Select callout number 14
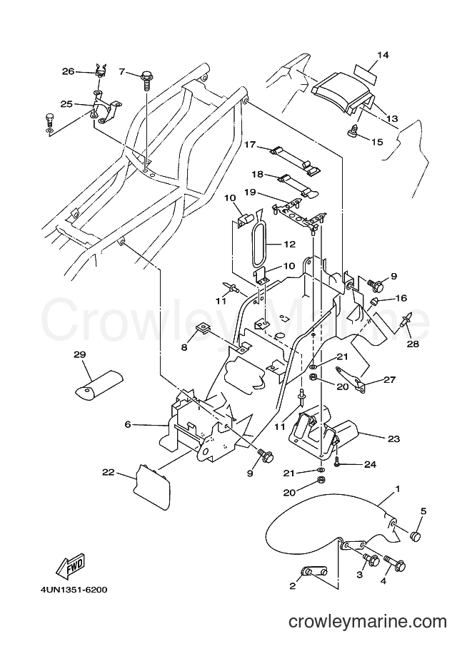tap(383, 55)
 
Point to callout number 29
tap(80, 354)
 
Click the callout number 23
tap(393, 439)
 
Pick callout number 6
tap(128, 424)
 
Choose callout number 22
tap(109, 473)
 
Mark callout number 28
tap(413, 344)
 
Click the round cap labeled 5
tap(416, 537)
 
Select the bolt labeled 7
tap(146, 80)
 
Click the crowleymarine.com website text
tap(368, 622)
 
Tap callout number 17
tap(249, 145)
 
